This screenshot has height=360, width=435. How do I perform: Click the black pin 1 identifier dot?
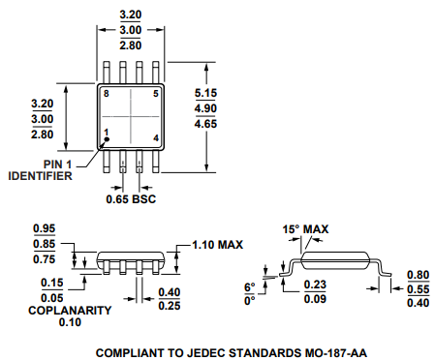click(x=107, y=139)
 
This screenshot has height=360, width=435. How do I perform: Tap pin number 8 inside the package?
click(x=106, y=94)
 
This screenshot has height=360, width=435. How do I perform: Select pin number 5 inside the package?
click(x=156, y=94)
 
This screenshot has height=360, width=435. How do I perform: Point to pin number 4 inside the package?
click(x=156, y=138)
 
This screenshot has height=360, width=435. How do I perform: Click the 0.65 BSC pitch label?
click(x=131, y=199)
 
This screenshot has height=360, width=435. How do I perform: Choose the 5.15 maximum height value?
click(x=205, y=93)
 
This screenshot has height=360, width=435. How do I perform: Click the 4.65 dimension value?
click(x=205, y=124)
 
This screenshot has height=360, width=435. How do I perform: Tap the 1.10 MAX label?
click(x=217, y=245)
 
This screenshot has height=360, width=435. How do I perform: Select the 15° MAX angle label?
click(x=305, y=229)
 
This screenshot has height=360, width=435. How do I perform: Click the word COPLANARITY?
click(x=70, y=311)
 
